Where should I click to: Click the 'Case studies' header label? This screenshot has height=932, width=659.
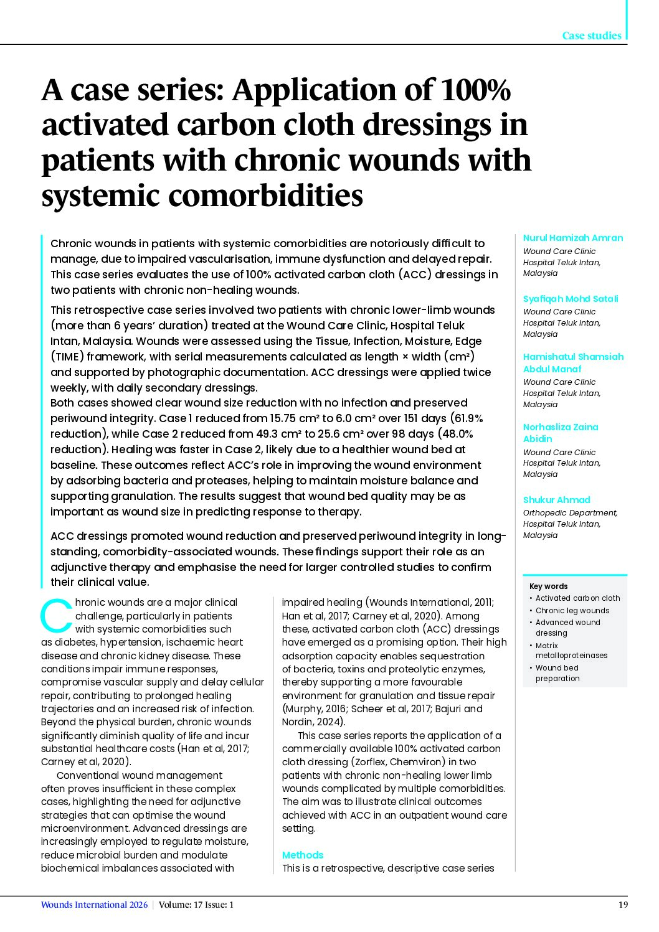[x=591, y=35]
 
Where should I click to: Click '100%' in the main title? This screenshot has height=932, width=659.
[x=475, y=90]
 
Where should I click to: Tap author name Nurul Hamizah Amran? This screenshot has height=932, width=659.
[x=572, y=238]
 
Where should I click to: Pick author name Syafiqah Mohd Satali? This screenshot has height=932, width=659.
[x=571, y=299]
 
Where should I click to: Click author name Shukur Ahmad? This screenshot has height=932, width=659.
[x=556, y=500]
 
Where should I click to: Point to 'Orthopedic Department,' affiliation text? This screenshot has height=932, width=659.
[x=570, y=513]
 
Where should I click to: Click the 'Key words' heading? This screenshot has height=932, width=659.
[x=548, y=586]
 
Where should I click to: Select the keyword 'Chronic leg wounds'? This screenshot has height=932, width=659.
[x=572, y=611]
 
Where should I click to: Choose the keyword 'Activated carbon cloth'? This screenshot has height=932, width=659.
[x=577, y=598]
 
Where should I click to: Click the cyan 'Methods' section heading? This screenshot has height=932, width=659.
[x=303, y=855]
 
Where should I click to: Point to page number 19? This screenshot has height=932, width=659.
[x=623, y=905]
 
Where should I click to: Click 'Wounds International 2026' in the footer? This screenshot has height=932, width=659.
[x=94, y=905]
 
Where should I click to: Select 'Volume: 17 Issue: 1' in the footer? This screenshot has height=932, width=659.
[x=196, y=905]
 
